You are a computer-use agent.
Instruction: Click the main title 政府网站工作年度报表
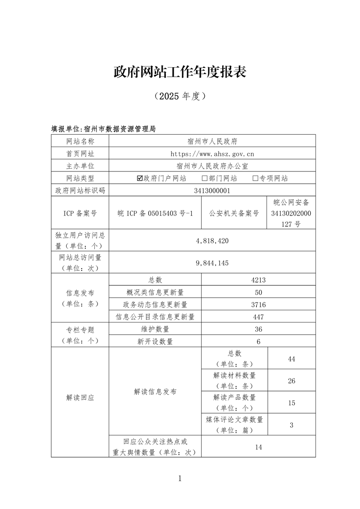coord(180,72)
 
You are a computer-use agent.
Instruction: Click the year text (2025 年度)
coord(180,96)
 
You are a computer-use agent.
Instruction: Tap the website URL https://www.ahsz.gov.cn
coord(212,154)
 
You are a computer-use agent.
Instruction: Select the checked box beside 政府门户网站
coord(140,178)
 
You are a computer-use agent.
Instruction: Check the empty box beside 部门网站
coord(204,178)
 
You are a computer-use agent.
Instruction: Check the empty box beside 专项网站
coord(255,178)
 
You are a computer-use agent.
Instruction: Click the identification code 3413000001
coord(212,191)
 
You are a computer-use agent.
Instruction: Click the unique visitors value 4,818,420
coord(212,240)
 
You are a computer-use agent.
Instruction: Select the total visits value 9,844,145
coord(212,263)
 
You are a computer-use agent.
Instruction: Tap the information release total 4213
coord(258,280)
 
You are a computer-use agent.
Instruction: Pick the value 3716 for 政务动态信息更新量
coord(258,304)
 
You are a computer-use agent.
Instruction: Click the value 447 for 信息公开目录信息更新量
coord(258,317)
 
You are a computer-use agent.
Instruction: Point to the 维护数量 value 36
coord(258,329)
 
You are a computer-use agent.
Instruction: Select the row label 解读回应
coord(80,397)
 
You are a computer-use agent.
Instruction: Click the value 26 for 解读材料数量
coord(292,381)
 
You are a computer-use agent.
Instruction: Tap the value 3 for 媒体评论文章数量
coord(292,425)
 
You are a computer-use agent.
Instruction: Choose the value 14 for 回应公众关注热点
coord(258,447)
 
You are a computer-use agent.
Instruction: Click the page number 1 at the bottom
coord(180,478)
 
